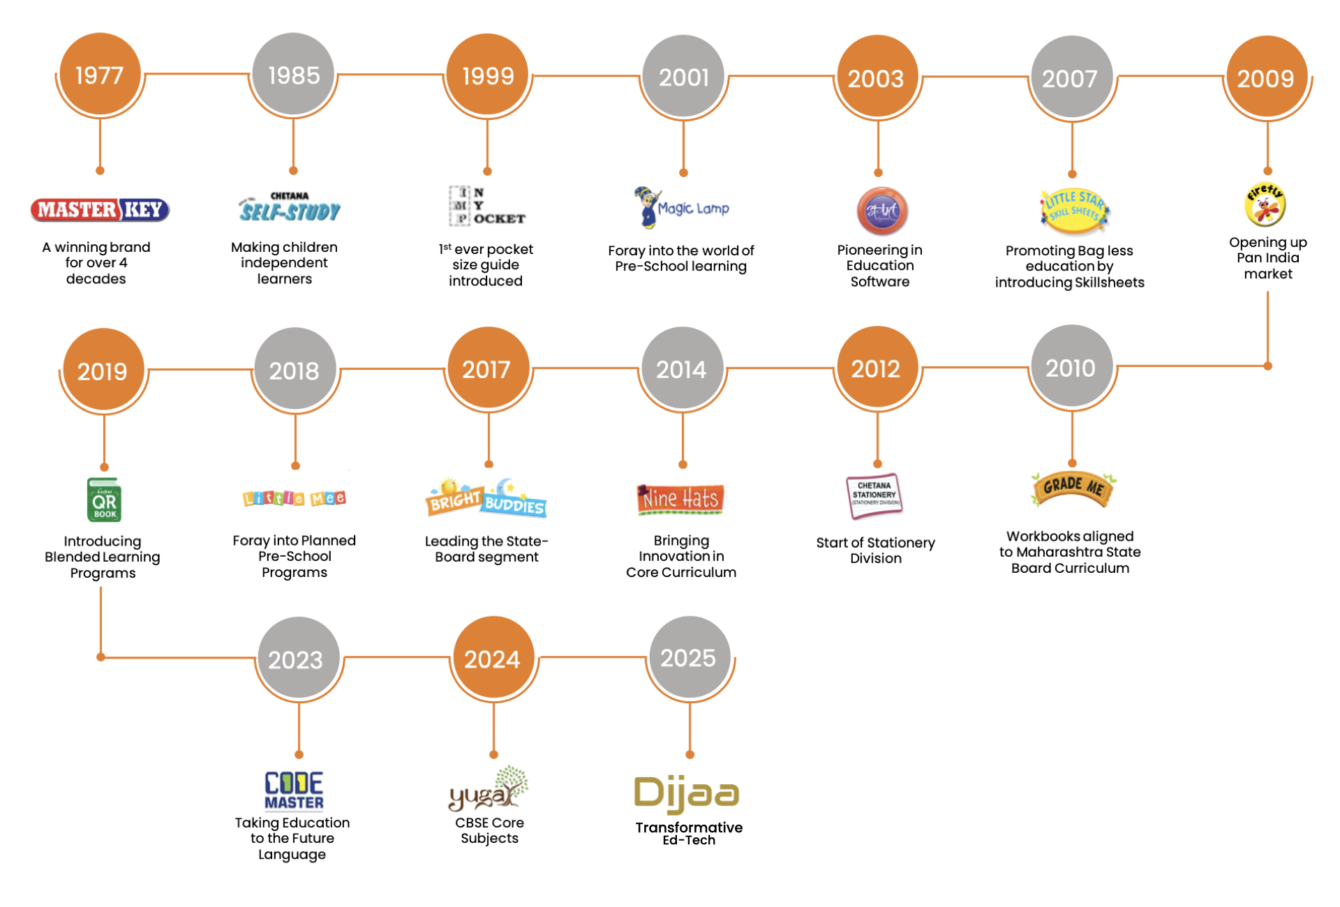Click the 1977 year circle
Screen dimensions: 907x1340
pos(100,75)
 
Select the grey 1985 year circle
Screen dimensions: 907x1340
pos(294,75)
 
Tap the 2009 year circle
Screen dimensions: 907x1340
pos(1266,77)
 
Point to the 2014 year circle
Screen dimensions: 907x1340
pos(682,368)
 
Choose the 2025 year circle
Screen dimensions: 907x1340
pos(690,657)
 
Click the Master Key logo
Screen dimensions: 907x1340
pos(100,210)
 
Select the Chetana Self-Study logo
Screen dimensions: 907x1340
pos(291,207)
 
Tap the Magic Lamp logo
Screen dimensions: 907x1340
pos(683,209)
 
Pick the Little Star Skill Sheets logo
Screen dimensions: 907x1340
pos(1078,210)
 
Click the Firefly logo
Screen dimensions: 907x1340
pos(1266,204)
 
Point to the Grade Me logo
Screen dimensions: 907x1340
pos(1073,488)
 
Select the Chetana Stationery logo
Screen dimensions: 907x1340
pos(871,497)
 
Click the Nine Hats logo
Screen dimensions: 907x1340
pos(678,498)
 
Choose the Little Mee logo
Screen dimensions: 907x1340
pos(295,495)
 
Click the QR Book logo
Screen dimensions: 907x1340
pos(103,500)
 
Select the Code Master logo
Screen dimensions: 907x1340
pos(293,790)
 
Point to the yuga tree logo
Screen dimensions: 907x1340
pos(490,790)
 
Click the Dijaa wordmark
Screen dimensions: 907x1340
pos(687,794)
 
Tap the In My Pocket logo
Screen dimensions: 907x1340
pos(487,206)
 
